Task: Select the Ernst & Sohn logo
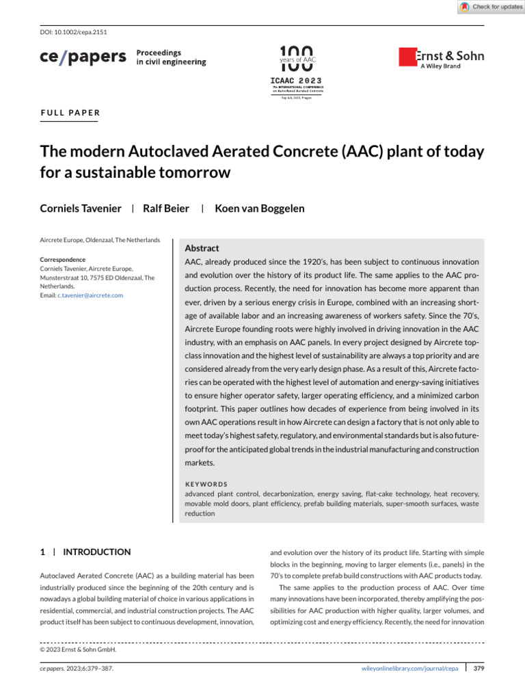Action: click(441, 57)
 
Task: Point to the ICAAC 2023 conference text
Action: click(296, 80)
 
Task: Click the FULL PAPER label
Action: click(70, 113)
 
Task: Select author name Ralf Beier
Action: click(165, 208)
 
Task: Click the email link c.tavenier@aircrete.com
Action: click(90, 295)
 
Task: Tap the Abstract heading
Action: click(202, 248)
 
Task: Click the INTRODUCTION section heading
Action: click(96, 552)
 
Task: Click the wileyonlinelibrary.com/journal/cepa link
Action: click(409, 669)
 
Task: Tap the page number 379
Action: click(479, 669)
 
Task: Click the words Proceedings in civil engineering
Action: click(171, 57)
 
